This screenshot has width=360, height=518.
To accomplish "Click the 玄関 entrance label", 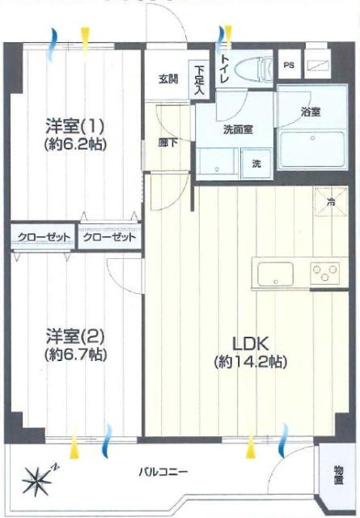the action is click(x=168, y=79).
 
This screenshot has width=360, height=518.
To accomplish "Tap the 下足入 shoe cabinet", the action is click(x=199, y=79).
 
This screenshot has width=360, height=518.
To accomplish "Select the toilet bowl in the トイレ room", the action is click(x=253, y=70).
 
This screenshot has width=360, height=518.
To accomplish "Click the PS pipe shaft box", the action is click(x=290, y=65).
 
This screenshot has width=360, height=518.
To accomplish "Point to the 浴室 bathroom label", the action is click(x=311, y=112).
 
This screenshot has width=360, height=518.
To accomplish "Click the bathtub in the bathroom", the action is click(x=312, y=149).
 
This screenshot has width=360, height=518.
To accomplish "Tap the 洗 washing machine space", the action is click(x=256, y=163).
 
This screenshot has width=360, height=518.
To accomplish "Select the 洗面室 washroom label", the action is click(x=238, y=129).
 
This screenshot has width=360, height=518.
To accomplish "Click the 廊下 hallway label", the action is click(x=168, y=142).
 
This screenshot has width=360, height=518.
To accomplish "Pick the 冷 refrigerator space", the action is click(x=331, y=202).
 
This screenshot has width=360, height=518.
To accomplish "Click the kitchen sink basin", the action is click(x=275, y=274).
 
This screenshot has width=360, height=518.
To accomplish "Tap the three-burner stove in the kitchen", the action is click(x=325, y=274).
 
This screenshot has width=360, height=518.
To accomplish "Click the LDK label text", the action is click(x=250, y=344).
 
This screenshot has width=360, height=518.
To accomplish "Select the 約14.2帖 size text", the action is click(x=250, y=362).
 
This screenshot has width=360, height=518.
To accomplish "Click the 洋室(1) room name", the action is click(x=75, y=126).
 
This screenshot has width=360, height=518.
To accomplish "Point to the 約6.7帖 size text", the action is click(x=75, y=355).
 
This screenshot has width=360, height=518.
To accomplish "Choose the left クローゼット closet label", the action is click(x=44, y=237).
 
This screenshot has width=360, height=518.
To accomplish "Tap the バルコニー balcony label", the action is click(x=163, y=472).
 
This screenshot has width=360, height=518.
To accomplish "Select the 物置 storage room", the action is click(x=338, y=475).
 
